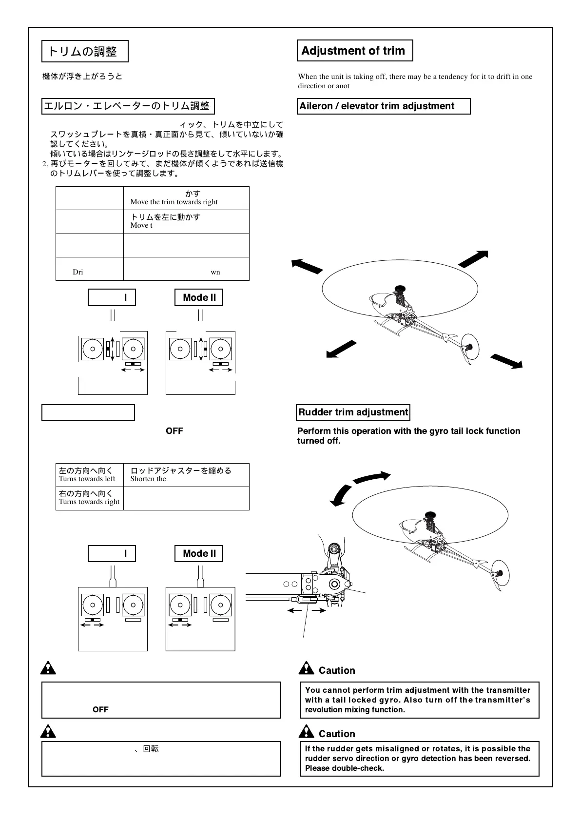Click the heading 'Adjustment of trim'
[354, 51]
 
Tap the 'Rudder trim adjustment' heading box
[353, 412]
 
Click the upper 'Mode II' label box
[199, 297]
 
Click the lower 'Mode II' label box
[199, 553]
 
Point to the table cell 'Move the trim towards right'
[174, 202]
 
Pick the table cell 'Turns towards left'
[87, 479]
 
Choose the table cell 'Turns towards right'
[89, 502]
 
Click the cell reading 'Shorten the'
[148, 479]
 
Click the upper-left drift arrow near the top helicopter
[307, 266]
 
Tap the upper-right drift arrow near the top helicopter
[473, 258]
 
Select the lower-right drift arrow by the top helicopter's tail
[506, 361]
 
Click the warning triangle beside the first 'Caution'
[306, 668]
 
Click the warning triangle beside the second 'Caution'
[306, 731]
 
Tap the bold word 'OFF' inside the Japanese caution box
[100, 709]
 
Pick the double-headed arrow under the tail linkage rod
[307, 610]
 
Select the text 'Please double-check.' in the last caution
[344, 768]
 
